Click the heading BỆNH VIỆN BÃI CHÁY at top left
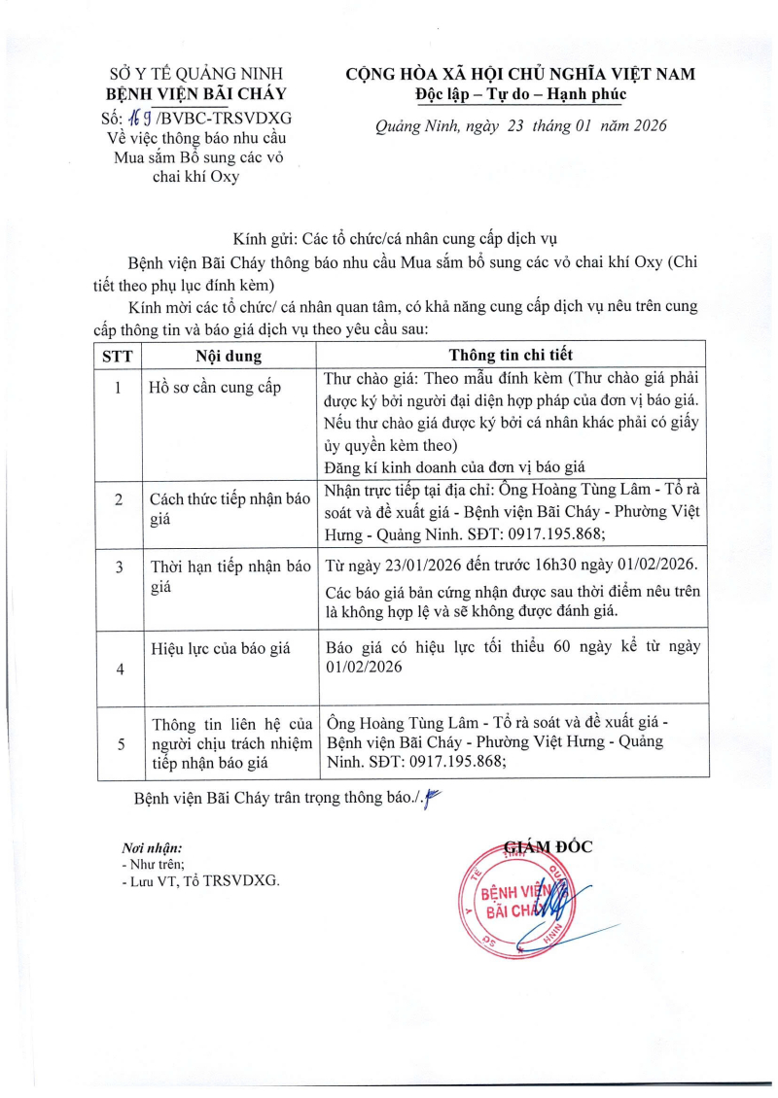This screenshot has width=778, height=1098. (195, 95)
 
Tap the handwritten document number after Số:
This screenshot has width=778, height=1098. (127, 119)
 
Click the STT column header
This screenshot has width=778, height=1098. (118, 355)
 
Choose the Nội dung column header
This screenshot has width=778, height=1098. (229, 355)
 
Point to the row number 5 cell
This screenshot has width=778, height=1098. (118, 743)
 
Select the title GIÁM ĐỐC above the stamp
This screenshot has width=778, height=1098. (548, 845)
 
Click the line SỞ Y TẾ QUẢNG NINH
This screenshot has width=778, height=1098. (195, 74)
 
